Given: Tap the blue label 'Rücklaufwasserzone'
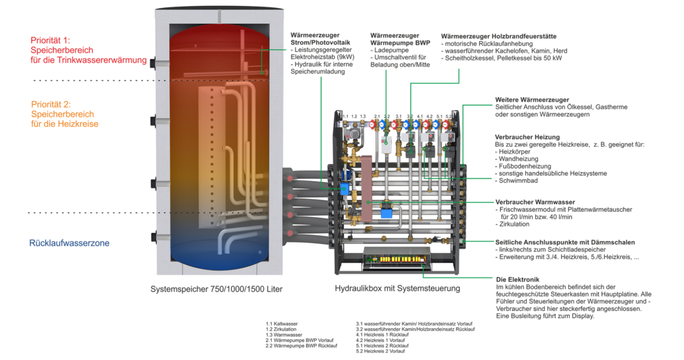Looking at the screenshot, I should coord(69,243).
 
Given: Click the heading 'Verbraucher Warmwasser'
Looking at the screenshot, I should coord(535,202).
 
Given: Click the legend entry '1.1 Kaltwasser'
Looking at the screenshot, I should coord(282,324).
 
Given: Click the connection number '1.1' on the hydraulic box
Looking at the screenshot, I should coord(345,116).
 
